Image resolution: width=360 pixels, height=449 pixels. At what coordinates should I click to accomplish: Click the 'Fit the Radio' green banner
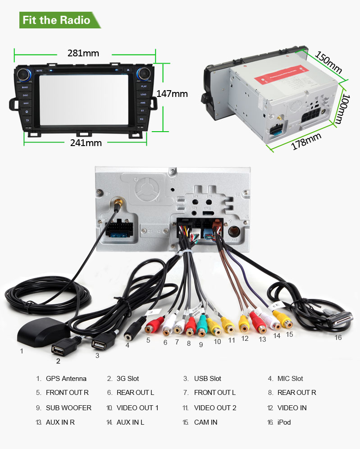coord(57,20)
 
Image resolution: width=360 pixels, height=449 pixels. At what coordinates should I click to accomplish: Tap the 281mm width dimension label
coord(83,53)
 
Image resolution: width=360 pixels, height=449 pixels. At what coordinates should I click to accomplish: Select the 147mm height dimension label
coord(172,94)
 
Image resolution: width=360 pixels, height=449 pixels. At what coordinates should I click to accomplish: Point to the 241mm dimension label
coord(86,143)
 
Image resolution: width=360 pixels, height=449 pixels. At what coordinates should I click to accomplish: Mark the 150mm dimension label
coord(328,63)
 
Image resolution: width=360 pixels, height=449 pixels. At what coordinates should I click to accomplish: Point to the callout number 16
coord(338,337)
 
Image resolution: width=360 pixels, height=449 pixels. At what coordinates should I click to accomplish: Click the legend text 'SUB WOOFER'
coord(68,408)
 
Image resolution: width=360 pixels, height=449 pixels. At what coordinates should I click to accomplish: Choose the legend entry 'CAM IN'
coord(206,422)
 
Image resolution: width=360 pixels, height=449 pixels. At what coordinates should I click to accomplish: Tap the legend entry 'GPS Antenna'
coord(66,379)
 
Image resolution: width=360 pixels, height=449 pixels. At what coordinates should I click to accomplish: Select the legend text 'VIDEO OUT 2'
coord(215,408)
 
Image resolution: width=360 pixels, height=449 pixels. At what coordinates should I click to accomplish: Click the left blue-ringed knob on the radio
coord(24,74)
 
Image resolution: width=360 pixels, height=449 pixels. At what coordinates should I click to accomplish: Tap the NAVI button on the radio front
coord(26,103)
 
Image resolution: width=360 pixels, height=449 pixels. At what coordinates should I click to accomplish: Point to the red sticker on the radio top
coord(283,75)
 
